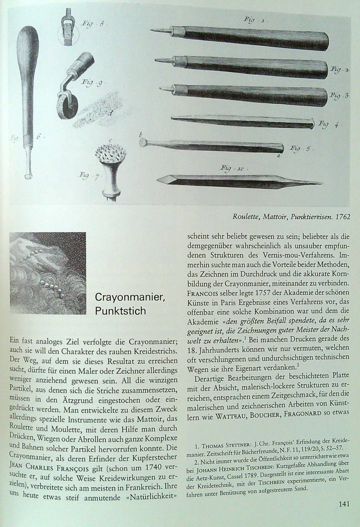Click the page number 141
coord(343,505)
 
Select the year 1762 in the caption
coord(342,216)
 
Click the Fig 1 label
coord(256,20)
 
